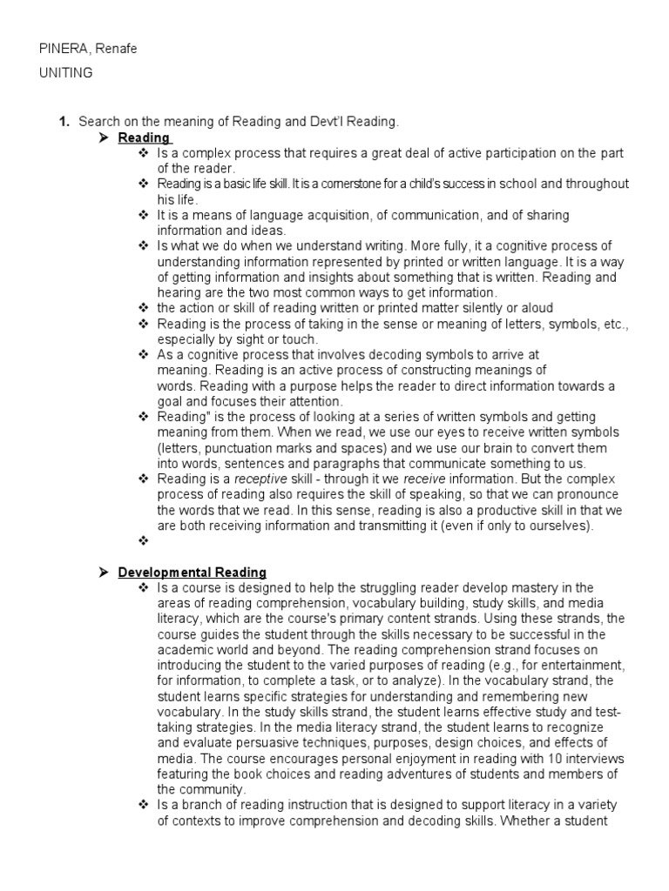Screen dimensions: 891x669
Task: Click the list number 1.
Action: click(64, 123)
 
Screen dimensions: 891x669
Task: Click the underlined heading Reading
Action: click(144, 138)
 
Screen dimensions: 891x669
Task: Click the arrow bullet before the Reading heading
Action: click(103, 138)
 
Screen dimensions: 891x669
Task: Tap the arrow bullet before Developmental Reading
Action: click(103, 572)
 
